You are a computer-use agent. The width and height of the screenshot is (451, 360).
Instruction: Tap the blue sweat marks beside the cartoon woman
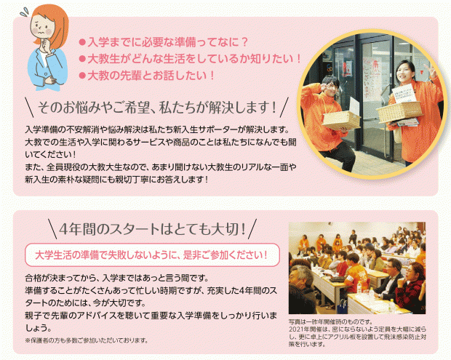tap(24, 12)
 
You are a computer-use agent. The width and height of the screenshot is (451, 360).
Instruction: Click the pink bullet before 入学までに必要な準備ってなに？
tap(82, 43)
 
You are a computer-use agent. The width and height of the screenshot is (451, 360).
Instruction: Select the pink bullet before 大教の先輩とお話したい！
tap(82, 76)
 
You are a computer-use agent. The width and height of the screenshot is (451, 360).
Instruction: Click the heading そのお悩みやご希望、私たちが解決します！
tap(157, 108)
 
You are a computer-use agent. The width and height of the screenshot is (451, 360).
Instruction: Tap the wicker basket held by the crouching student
tap(341, 119)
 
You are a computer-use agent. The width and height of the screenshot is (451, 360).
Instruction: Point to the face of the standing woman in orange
tap(404, 73)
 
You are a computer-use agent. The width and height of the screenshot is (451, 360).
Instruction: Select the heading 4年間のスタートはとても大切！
tap(153, 229)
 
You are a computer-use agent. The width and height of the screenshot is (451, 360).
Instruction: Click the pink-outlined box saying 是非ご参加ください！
tap(152, 255)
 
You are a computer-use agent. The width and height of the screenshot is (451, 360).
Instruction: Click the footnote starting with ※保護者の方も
tap(87, 340)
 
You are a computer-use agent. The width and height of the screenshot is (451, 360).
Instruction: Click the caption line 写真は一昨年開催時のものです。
tap(331, 321)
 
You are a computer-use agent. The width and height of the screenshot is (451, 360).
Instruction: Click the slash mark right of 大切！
tap(252, 229)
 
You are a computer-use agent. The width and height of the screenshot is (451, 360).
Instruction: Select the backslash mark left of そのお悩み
tap(30, 107)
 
